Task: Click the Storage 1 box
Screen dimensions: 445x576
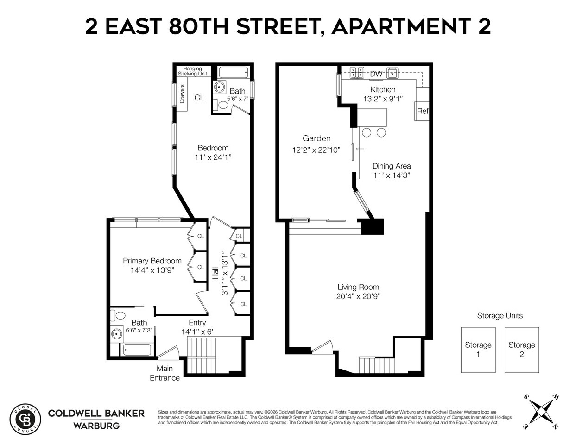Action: point(478,350)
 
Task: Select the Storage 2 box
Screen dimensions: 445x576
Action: point(521,350)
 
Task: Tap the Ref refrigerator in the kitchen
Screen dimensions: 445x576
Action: point(422,111)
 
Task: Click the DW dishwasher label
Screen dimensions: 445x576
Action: point(376,74)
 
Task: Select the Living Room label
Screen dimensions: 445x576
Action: point(358,287)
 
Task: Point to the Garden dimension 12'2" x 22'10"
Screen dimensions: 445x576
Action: point(316,150)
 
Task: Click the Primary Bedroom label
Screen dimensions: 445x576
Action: point(152,261)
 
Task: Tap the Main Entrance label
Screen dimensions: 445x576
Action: point(165,373)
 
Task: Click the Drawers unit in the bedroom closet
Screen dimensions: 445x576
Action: point(182,96)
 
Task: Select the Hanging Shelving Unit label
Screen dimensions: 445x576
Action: point(193,71)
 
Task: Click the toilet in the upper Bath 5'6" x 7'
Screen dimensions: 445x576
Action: point(223,105)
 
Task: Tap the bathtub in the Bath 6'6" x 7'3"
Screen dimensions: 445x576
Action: point(137,350)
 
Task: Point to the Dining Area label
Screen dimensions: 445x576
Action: point(392,166)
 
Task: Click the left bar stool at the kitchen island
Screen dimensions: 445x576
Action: point(367,132)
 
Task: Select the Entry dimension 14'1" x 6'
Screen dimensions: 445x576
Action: point(197,332)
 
